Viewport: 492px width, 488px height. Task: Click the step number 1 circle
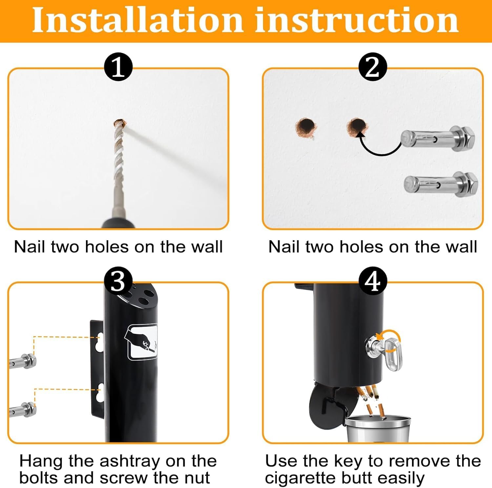coord(118,67)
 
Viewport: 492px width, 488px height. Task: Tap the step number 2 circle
coord(373,67)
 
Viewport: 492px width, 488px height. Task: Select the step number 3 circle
coord(118,281)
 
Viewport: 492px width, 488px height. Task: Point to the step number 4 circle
coord(373,281)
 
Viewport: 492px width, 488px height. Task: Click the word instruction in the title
coord(357,20)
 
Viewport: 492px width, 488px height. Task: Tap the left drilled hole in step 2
coord(305,127)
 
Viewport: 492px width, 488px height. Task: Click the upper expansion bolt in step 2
coord(438,138)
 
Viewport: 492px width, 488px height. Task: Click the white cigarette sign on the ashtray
coord(141,341)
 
